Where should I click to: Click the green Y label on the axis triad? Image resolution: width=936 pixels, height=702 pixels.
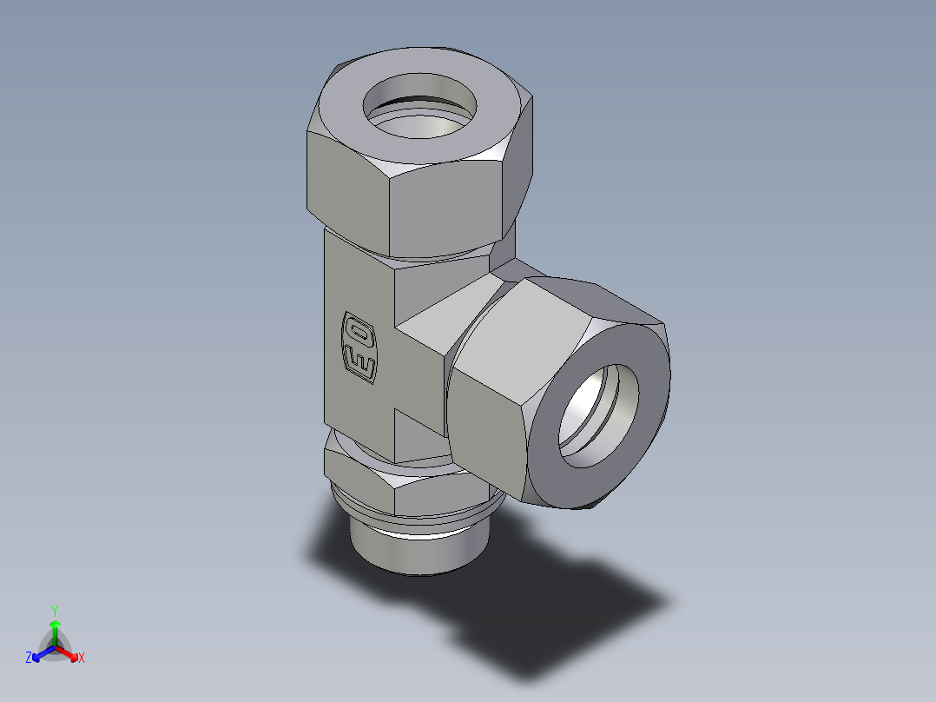coord(55,610)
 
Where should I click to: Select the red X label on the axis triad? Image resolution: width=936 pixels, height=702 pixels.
coord(81,658)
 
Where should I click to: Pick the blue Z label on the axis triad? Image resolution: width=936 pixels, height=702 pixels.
coord(29,658)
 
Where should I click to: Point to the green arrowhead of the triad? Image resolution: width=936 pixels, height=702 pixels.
coord(55,624)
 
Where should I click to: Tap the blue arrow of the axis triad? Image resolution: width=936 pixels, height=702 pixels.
coord(42,652)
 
